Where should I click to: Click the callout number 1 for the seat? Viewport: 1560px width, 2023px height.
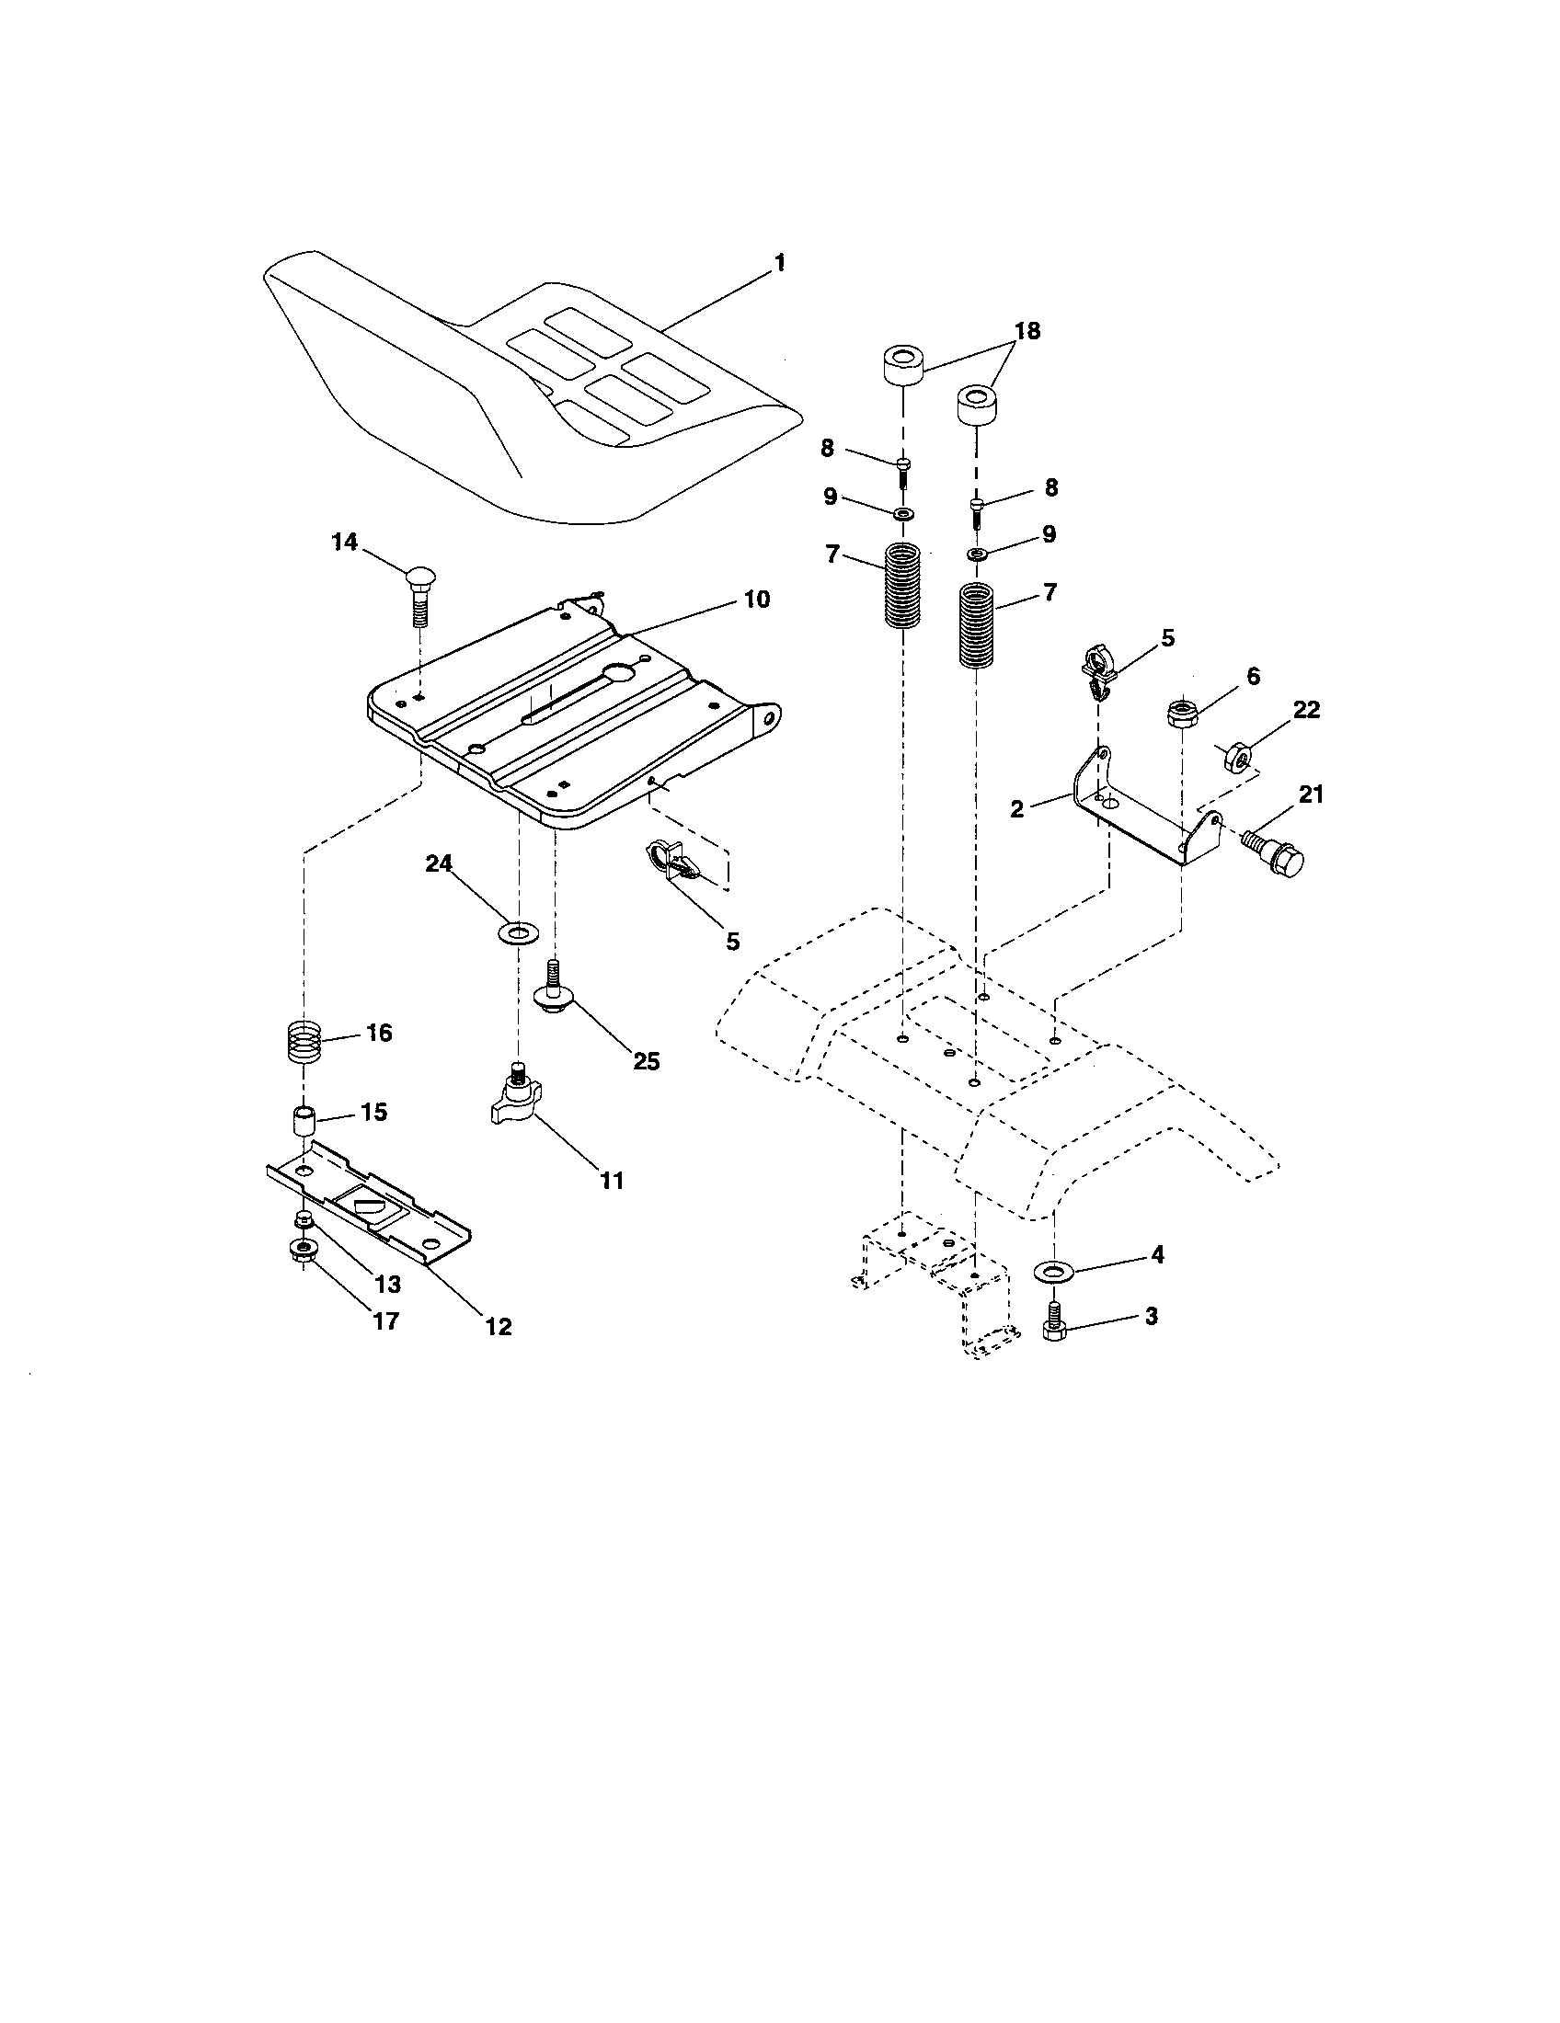(x=779, y=264)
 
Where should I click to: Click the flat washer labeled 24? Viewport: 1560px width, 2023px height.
(x=517, y=930)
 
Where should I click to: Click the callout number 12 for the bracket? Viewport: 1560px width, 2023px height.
(x=498, y=1326)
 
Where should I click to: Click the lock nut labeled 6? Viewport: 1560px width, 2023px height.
(x=1183, y=714)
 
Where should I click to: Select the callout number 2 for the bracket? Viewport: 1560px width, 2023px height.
(x=1017, y=809)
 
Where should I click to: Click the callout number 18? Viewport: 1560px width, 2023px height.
(x=1027, y=331)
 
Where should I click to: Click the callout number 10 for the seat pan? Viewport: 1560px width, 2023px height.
(x=756, y=600)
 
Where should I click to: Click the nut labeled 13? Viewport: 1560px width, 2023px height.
(x=302, y=1218)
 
